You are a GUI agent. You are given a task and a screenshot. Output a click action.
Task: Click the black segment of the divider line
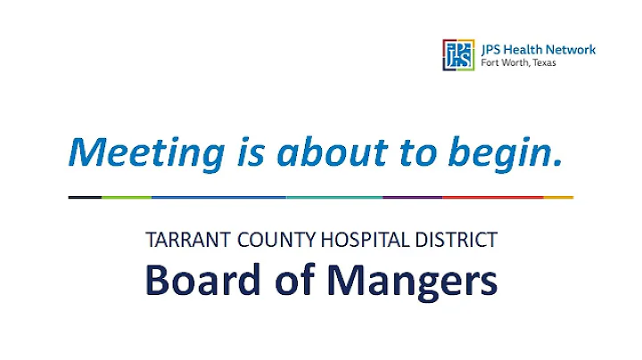(x=85, y=197)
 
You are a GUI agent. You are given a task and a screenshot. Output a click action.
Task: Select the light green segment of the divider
(x=126, y=197)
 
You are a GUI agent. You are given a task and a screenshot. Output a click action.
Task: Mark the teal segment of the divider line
(x=334, y=197)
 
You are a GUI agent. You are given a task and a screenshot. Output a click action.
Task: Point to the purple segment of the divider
(x=412, y=197)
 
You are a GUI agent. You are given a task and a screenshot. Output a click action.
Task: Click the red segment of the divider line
(x=492, y=197)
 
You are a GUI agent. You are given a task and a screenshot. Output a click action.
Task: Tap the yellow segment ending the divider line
(x=558, y=197)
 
